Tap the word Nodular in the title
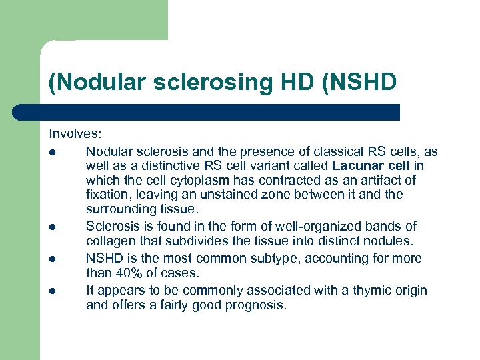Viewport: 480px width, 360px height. (90, 83)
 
